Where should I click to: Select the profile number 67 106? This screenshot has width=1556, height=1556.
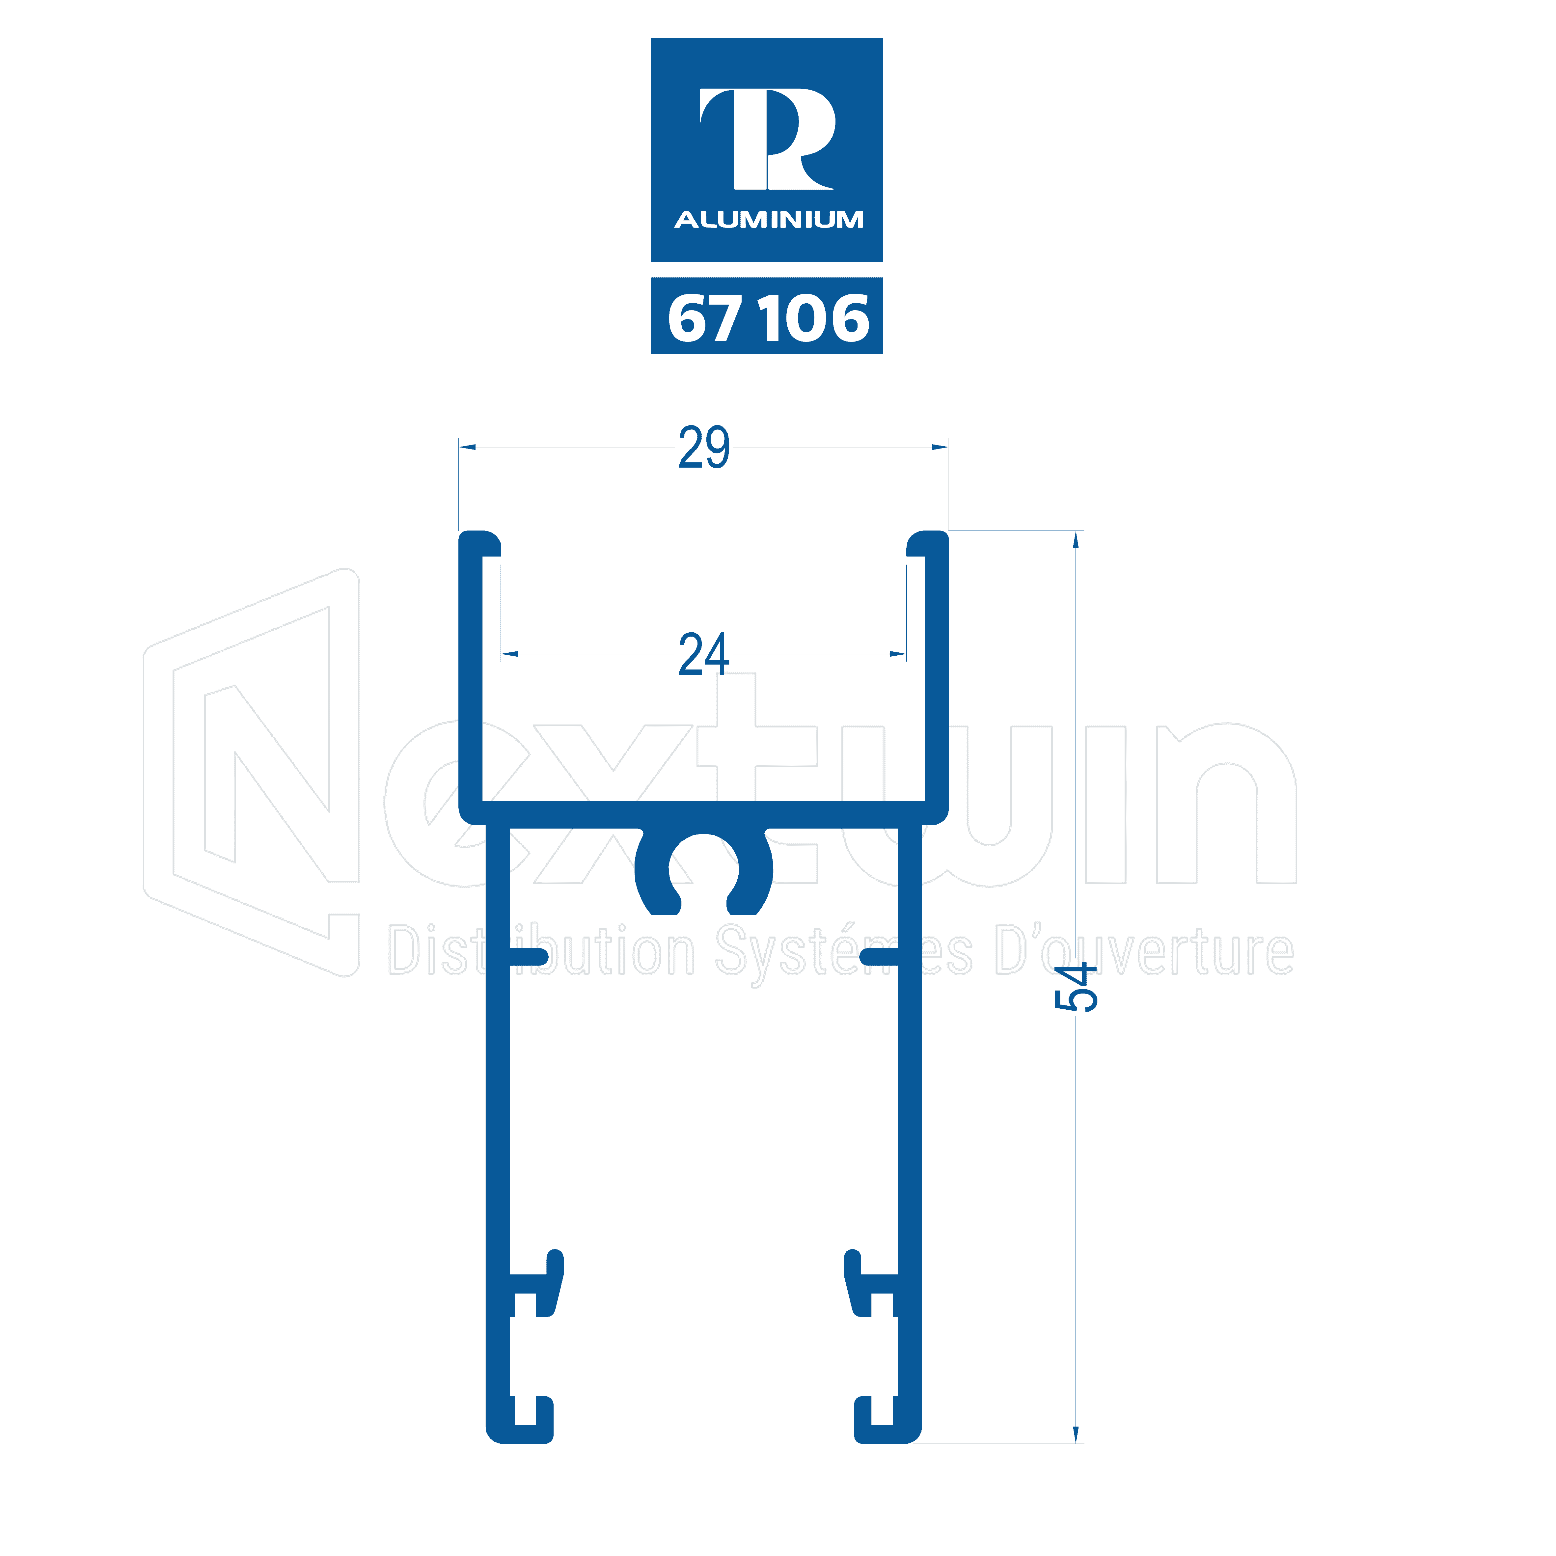pyautogui.click(x=768, y=318)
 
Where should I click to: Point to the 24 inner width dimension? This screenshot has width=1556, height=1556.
pyautogui.click(x=704, y=654)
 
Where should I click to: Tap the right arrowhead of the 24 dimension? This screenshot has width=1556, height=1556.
pyautogui.click(x=898, y=654)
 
